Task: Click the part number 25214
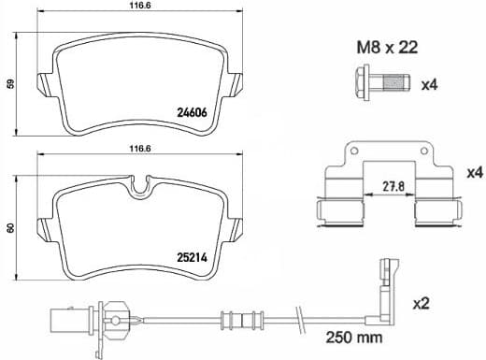(192, 253)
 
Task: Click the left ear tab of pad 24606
(41, 83)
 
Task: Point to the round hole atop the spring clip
(353, 152)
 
